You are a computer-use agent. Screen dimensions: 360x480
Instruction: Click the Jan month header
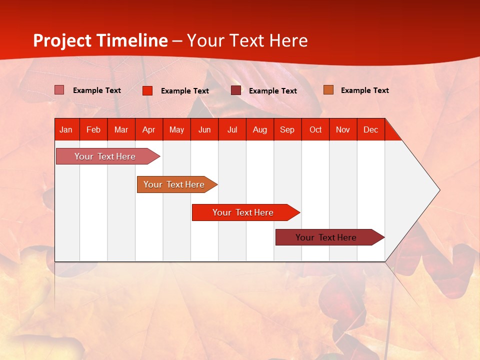[66, 129]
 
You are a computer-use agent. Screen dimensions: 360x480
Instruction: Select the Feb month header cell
[93, 129]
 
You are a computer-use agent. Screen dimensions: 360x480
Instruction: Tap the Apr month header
[149, 129]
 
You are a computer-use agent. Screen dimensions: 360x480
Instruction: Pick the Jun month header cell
[204, 129]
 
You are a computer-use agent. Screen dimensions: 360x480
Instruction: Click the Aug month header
[260, 129]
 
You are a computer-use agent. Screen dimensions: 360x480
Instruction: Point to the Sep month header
[287, 129]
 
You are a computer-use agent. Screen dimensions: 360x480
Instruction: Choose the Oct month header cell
[315, 129]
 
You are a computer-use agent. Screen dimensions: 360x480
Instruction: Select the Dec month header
[371, 129]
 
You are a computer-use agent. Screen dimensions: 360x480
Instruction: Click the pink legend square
[59, 90]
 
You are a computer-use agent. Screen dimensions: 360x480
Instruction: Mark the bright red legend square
[147, 90]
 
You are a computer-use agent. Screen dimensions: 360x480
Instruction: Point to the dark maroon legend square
[236, 90]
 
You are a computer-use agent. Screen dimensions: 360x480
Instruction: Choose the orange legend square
[328, 90]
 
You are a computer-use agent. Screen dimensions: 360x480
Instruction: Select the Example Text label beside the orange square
[364, 90]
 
